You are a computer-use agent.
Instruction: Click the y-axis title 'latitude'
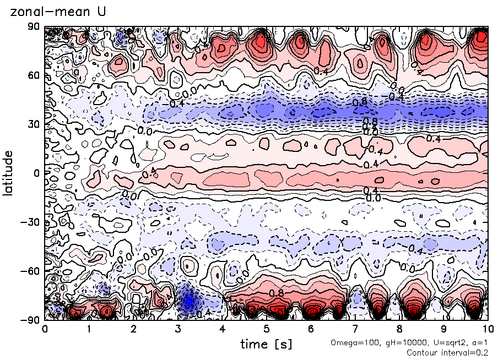pyautogui.click(x=8, y=173)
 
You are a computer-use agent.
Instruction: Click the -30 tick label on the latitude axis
pyautogui.click(x=32, y=222)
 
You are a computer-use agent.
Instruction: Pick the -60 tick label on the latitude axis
pyautogui.click(x=32, y=271)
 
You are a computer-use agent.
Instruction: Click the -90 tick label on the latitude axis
pyautogui.click(x=32, y=320)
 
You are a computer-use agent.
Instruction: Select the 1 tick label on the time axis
pyautogui.click(x=89, y=329)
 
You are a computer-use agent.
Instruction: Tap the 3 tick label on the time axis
pyautogui.click(x=177, y=329)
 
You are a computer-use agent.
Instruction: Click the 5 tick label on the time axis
pyautogui.click(x=266, y=329)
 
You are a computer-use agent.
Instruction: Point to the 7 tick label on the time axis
pyautogui.click(x=355, y=329)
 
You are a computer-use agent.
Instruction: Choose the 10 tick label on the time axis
pyautogui.click(x=488, y=329)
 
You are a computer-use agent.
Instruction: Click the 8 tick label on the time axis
pyautogui.click(x=399, y=329)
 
